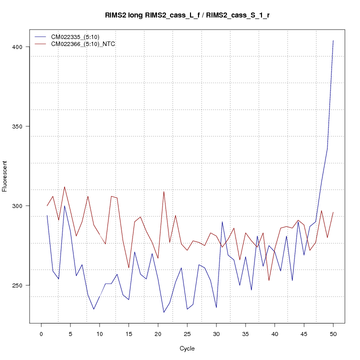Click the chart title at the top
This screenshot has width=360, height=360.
click(187, 15)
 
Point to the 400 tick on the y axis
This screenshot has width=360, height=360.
click(20, 47)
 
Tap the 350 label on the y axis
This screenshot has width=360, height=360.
click(20, 126)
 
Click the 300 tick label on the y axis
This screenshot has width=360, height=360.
click(20, 206)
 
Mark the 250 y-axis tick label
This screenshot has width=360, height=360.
click(20, 285)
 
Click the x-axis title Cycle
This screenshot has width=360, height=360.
click(187, 348)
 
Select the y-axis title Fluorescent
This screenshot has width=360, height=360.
click(5, 176)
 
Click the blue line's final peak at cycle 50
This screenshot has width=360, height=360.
click(333, 40)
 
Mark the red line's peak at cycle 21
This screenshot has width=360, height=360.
click(164, 191)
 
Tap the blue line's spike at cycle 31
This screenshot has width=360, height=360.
click(222, 221)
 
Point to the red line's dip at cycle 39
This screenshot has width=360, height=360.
click(269, 280)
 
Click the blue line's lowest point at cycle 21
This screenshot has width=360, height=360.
click(163, 312)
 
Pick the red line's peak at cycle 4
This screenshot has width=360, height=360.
click(64, 186)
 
